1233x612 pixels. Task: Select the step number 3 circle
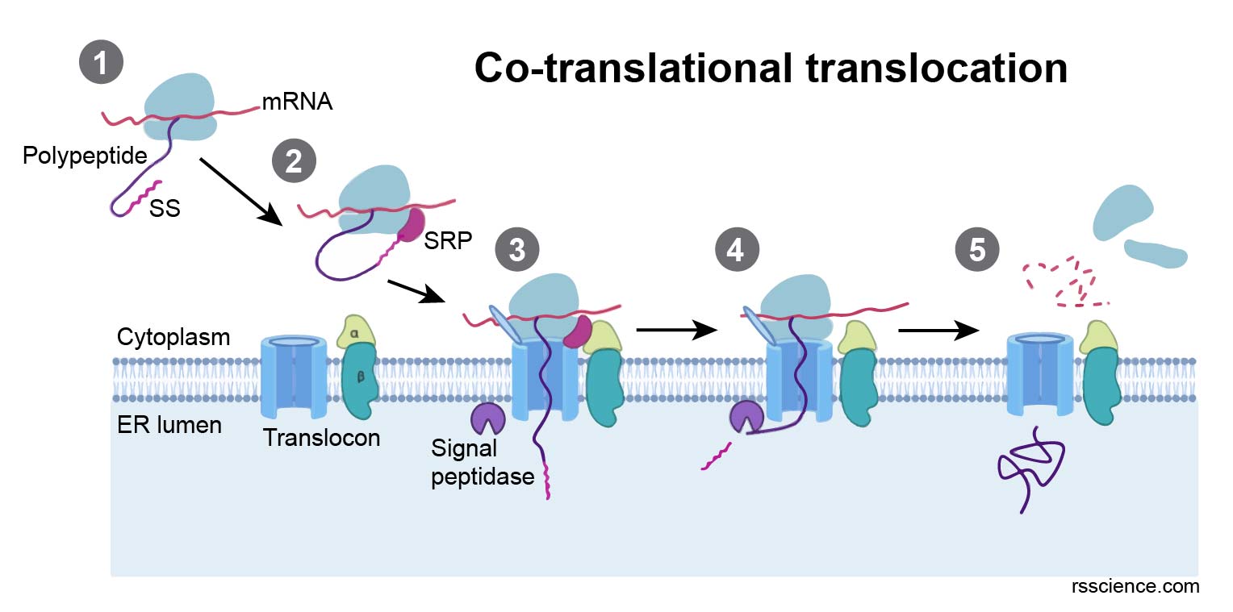pyautogui.click(x=516, y=250)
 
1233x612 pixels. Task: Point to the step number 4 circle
pyautogui.click(x=735, y=250)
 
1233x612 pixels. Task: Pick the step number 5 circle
pyautogui.click(x=976, y=250)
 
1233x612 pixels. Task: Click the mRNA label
pyautogui.click(x=297, y=102)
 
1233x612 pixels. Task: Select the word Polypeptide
pyautogui.click(x=85, y=155)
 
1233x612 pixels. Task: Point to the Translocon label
pyautogui.click(x=321, y=438)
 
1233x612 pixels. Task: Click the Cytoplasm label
pyautogui.click(x=173, y=337)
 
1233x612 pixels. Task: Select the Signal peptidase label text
pyautogui.click(x=482, y=461)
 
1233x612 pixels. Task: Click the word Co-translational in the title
pyautogui.click(x=626, y=68)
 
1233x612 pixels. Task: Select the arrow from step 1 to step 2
pyautogui.click(x=239, y=191)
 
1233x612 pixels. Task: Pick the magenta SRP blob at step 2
pyautogui.click(x=414, y=225)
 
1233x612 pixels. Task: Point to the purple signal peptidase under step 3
pyautogui.click(x=487, y=417)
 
